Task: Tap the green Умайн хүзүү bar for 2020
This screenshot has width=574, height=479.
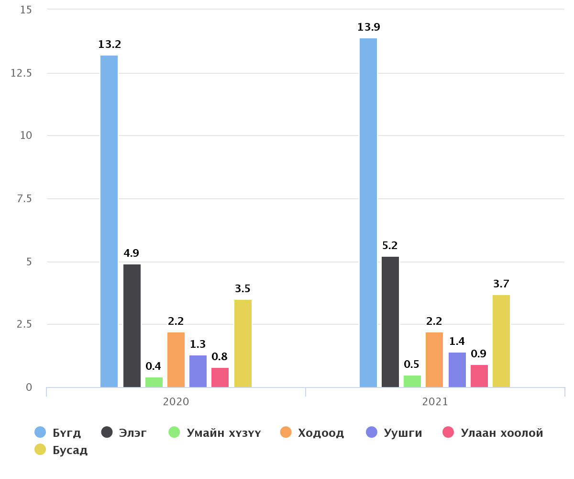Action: (x=154, y=382)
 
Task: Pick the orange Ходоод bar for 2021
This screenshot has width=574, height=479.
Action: (x=434, y=360)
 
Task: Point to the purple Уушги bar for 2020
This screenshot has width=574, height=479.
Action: (x=198, y=371)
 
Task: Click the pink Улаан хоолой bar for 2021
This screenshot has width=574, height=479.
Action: (x=479, y=376)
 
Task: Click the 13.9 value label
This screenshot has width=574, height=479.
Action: (x=368, y=27)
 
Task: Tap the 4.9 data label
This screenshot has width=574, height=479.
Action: (x=132, y=253)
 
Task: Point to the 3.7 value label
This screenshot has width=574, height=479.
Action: (x=501, y=284)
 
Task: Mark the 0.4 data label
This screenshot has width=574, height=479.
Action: (x=154, y=366)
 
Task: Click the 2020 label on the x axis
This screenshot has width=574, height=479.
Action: (x=176, y=401)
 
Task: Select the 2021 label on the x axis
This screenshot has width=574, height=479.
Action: (x=435, y=401)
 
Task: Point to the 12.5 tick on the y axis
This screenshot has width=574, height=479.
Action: (x=21, y=73)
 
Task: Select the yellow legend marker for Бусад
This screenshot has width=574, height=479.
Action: (x=40, y=450)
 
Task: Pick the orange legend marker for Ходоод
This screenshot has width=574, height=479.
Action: (x=286, y=433)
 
